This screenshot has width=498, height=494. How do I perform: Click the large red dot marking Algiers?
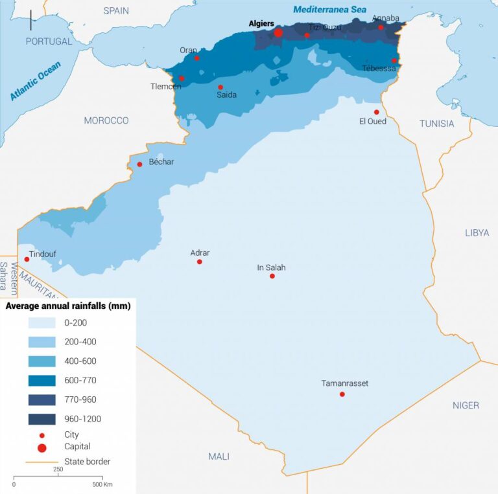(278, 32)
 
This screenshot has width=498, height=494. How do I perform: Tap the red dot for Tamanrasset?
(342, 394)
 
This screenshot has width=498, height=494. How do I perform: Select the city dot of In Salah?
(272, 276)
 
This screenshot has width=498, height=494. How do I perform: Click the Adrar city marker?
(200, 262)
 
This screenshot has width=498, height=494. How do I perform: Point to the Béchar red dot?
(139, 164)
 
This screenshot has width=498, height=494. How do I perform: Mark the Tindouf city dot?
(27, 260)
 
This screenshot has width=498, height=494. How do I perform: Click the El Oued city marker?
(376, 112)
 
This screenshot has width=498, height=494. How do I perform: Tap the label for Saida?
(226, 95)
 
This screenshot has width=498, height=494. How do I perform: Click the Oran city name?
(188, 50)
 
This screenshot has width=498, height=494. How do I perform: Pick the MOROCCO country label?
(106, 120)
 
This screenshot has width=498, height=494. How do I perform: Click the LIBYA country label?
(477, 232)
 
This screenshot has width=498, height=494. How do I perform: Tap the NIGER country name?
(466, 405)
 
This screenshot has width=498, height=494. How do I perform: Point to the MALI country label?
(219, 456)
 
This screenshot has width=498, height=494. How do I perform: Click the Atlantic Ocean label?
(36, 80)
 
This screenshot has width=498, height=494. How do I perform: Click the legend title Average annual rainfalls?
(68, 306)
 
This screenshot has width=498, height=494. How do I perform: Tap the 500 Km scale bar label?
(102, 484)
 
